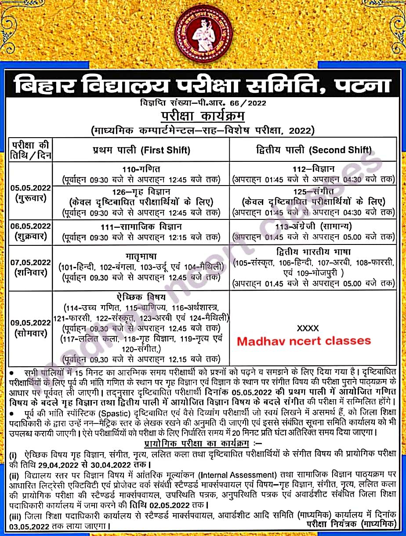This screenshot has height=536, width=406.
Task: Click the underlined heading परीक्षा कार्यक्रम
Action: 203,117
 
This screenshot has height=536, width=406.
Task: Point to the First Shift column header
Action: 141,150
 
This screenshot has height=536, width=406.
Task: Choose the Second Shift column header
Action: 314,150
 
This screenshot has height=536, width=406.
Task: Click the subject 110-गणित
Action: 141,169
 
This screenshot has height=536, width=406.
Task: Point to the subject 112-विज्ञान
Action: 314,169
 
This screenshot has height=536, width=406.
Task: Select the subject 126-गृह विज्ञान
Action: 141,192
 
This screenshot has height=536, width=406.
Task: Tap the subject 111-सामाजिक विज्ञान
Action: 141,226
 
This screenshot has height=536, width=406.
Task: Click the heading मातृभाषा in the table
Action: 141,255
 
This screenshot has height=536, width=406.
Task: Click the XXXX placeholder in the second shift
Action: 308,328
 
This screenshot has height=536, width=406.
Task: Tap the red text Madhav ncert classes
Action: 304,341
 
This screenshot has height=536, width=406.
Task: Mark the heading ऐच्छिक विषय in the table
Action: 141,296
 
